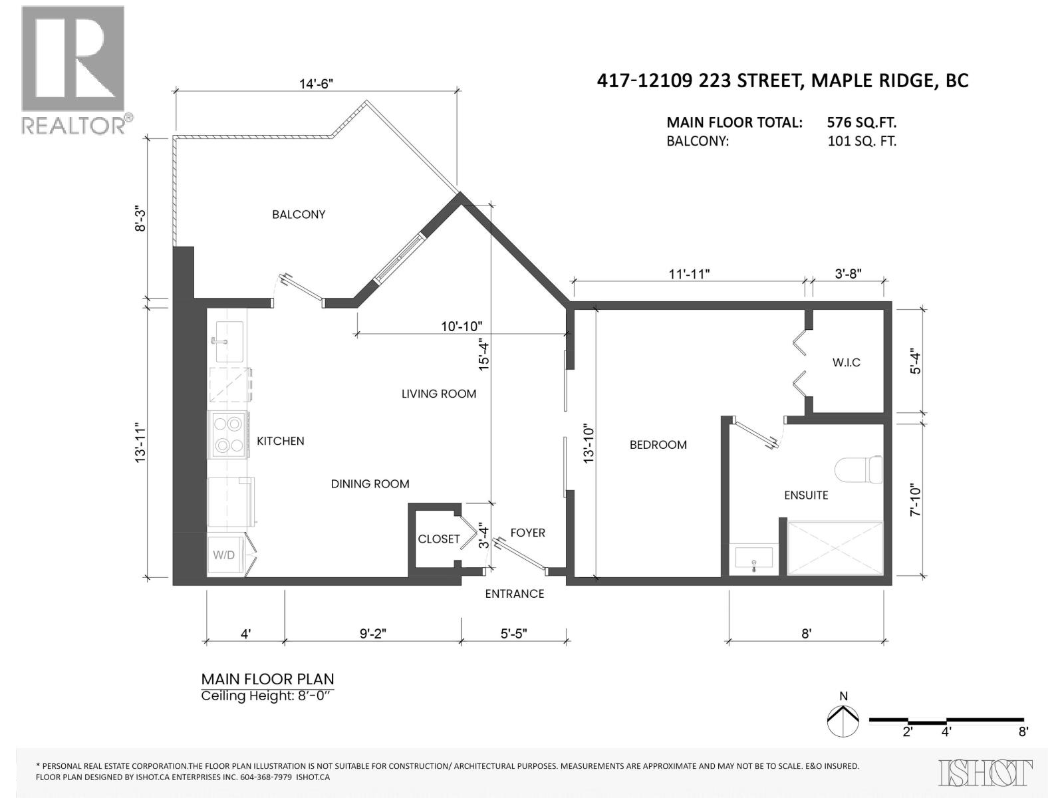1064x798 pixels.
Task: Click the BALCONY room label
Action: coord(299,214)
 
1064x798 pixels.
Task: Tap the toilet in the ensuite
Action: coord(859,470)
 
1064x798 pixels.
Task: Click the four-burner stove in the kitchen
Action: coord(228,435)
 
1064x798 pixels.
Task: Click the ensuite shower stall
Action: coord(835,548)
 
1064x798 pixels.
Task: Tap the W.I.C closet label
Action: coord(846,362)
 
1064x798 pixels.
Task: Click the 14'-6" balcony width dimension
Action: coord(316,84)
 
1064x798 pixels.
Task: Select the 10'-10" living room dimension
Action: coord(462,327)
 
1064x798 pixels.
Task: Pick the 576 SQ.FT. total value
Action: coord(861,122)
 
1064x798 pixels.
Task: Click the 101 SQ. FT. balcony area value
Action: coord(861,141)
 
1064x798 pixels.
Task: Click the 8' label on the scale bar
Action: coord(1023,732)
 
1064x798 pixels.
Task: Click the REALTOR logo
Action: coord(73,69)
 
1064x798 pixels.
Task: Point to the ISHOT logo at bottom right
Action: coord(986,773)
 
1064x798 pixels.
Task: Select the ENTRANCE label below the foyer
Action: coord(514,594)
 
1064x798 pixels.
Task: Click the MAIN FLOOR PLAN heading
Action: coord(267,679)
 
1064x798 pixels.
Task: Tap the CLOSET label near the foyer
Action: coord(439,539)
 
